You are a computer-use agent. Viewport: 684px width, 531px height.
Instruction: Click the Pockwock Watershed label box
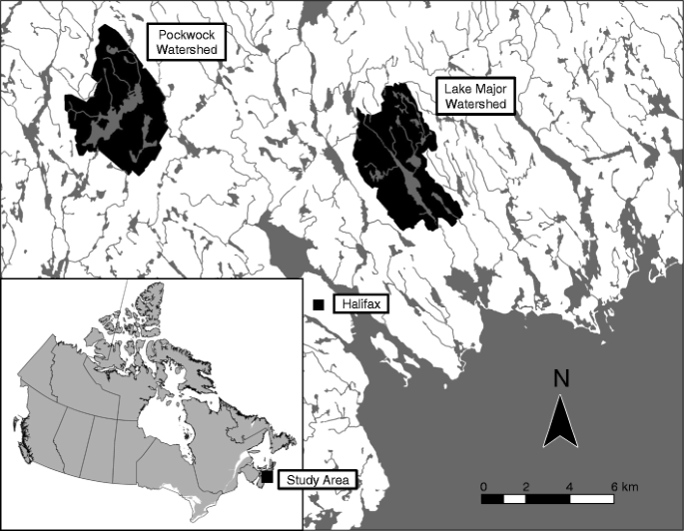185,41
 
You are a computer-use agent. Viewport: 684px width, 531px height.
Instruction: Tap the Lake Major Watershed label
475,96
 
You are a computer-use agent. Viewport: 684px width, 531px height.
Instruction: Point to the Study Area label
315,480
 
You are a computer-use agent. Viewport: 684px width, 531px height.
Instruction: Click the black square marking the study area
267,479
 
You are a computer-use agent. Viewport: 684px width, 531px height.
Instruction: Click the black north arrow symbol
560,421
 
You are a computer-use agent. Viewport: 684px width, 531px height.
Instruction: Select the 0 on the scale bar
484,486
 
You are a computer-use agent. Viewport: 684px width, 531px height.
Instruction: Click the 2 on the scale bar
526,486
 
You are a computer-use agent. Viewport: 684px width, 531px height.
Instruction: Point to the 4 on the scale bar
569,486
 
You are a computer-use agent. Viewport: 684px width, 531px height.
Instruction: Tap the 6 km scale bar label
622,486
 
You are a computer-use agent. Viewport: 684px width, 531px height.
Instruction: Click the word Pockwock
185,33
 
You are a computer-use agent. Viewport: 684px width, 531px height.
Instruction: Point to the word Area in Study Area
334,480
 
